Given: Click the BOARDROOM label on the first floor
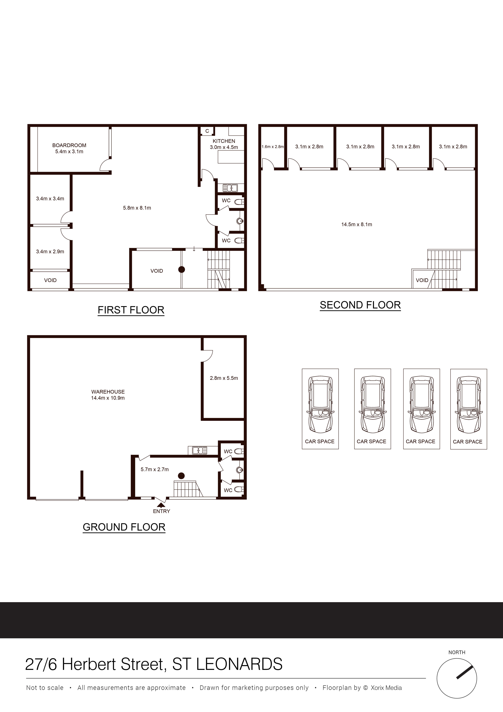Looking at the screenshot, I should pos(69,145).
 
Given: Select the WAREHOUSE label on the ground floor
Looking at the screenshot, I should pos(108,392).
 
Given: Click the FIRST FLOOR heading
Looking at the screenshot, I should pos(131,310).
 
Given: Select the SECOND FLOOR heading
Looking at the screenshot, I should pos(360,305).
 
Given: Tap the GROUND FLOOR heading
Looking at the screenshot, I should pos(124,527).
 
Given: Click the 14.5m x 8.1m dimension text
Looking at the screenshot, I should pos(356,224).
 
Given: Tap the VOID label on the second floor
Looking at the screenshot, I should pos(422,280).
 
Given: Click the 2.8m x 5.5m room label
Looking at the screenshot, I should pos(224,378).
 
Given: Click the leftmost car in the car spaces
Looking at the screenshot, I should pos(320,405).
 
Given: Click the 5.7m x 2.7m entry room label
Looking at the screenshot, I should pos(155,469).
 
